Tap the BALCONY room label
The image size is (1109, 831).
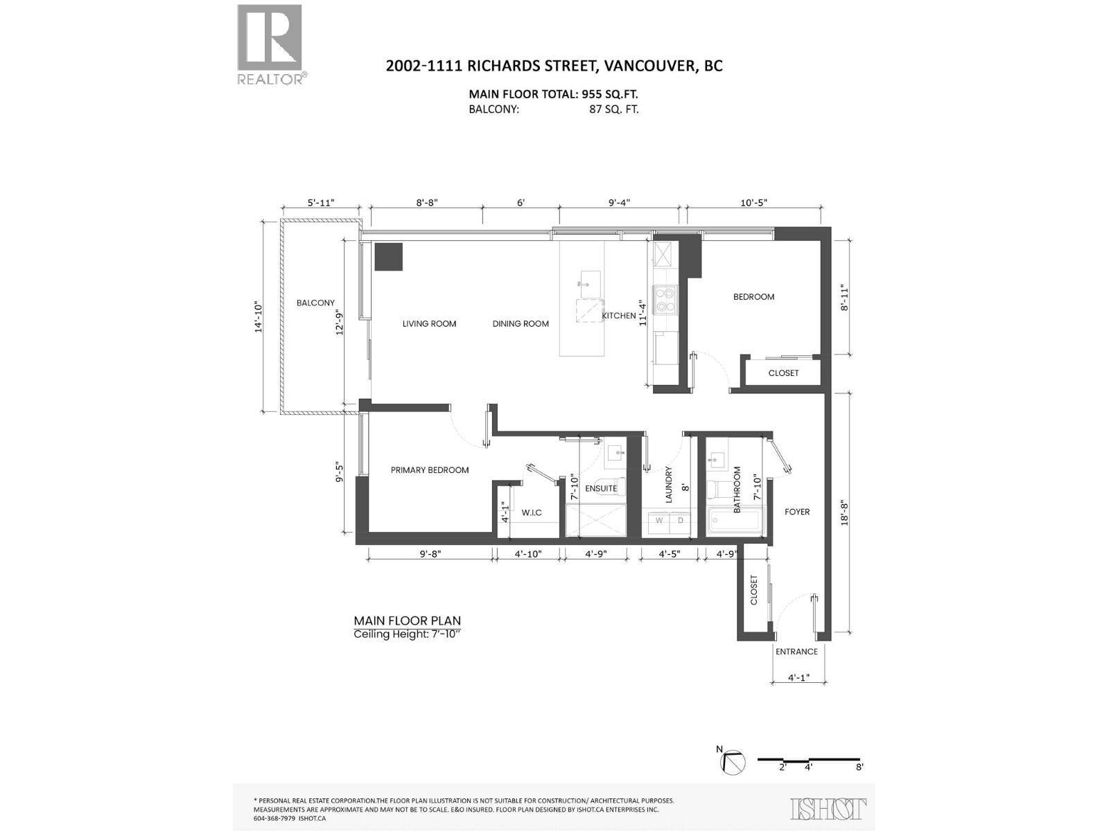[x=315, y=303]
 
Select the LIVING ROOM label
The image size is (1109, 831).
[x=429, y=323]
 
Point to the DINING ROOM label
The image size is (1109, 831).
[x=521, y=323]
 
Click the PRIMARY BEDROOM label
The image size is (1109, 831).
[x=430, y=470]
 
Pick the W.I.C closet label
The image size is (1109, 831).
[x=532, y=512]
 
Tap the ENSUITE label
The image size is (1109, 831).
[x=601, y=488]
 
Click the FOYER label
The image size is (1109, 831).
[x=797, y=512]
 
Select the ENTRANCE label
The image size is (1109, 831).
[x=796, y=652]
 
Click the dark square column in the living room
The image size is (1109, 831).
[x=388, y=256]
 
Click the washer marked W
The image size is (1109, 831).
[x=658, y=520]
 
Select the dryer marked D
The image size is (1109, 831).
[x=680, y=520]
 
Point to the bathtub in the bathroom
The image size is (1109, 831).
[x=735, y=520]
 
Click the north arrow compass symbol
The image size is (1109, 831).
[x=733, y=762]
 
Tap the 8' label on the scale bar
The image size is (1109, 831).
[x=859, y=767]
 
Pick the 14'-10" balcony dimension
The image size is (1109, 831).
[x=259, y=317]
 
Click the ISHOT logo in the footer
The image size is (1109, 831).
[x=829, y=808]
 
